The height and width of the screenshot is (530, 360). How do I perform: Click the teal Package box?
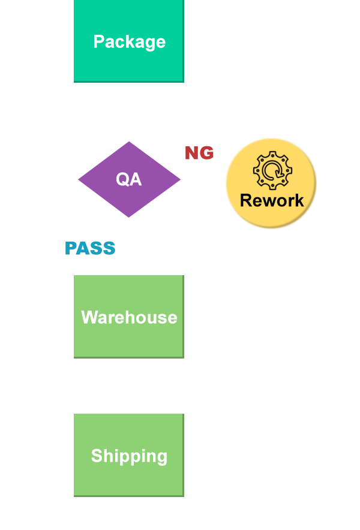click(128, 41)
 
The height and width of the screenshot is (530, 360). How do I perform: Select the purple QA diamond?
click(129, 179)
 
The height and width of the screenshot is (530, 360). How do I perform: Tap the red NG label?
click(199, 153)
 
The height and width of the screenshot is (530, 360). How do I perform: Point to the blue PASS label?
click(90, 248)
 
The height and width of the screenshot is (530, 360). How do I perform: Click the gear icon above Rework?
click(272, 170)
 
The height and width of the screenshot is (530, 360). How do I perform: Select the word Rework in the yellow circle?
click(272, 200)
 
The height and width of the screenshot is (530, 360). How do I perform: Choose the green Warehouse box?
click(128, 317)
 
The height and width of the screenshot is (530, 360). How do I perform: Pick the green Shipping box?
click(128, 455)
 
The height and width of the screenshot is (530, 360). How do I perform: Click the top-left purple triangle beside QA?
click(96, 153)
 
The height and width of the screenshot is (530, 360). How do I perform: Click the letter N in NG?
click(192, 153)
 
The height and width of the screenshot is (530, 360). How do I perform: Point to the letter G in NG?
click(206, 153)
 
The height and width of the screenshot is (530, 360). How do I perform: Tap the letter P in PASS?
click(71, 248)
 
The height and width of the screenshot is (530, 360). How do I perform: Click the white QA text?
click(129, 179)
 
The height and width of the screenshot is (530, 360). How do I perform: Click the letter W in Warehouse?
click(88, 317)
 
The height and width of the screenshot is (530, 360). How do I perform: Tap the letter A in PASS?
click(84, 248)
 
